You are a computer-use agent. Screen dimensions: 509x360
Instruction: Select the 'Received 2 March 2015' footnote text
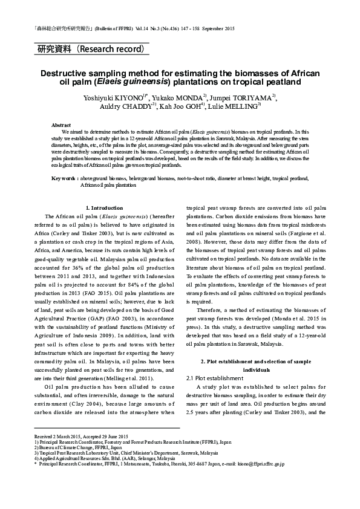click(x=57, y=436)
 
